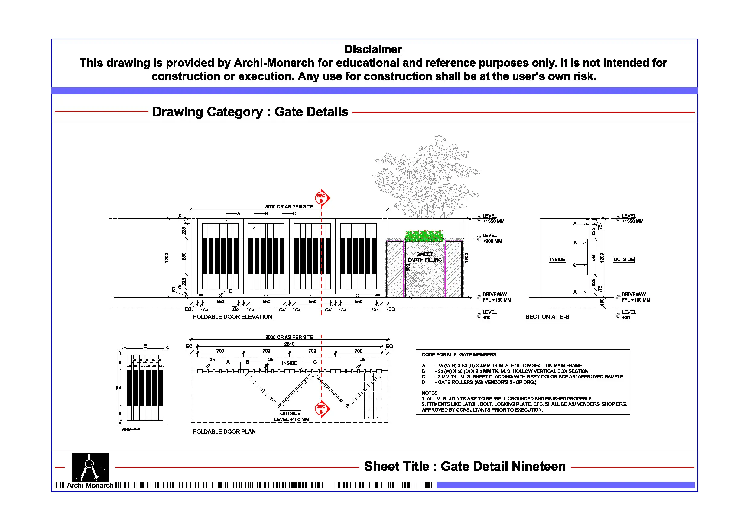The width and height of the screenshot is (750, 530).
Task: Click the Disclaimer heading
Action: pos(373,49)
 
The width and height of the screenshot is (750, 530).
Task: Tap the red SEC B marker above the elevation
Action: pos(322,198)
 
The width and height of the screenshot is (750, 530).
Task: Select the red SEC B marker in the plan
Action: pos(322,409)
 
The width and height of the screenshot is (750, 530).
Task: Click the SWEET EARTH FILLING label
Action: pos(424,257)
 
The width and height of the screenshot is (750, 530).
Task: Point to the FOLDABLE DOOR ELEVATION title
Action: pos(232,317)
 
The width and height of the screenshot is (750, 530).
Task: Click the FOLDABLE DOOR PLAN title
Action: pos(224,432)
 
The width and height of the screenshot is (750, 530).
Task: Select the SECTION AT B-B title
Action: pos(547,317)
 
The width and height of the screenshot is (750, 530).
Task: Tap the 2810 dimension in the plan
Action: pos(289,344)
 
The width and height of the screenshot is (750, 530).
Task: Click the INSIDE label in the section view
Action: pos(557,260)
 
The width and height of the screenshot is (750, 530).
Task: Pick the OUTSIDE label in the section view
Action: pos(623,260)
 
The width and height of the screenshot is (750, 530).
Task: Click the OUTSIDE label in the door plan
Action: pos(290,413)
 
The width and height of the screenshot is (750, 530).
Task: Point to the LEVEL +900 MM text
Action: pos(492,238)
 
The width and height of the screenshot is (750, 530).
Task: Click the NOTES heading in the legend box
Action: pos(429,393)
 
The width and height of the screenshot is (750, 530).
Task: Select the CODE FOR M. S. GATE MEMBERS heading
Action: pos(459,355)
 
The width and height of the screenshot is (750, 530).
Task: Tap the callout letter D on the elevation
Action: pos(231,291)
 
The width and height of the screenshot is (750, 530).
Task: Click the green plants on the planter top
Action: pos(424,235)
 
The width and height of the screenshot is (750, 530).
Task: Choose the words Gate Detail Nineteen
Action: pos(503,466)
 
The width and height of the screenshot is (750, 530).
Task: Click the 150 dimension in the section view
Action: pos(602,302)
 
